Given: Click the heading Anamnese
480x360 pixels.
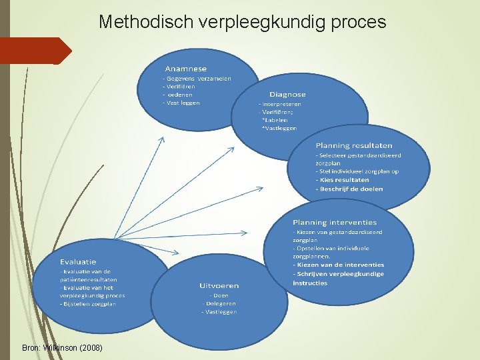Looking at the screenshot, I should tap(186, 69).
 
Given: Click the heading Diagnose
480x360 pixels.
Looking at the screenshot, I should tap(287, 95).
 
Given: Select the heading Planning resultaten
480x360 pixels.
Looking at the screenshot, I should tap(354, 145).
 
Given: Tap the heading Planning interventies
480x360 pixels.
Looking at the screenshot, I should tap(335, 223).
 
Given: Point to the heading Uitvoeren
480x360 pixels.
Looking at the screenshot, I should tap(219, 286).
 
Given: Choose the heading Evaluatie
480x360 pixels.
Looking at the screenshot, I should tap(78, 262).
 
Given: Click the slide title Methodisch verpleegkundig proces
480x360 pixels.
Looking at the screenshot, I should tap(242, 22).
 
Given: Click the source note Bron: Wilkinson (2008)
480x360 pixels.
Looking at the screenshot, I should tap(62, 348).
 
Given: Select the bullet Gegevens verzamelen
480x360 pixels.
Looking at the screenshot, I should tap(199, 79).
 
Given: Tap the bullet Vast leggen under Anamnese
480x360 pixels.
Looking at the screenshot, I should tap(183, 103).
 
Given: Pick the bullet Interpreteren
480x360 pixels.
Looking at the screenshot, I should tap(281, 104).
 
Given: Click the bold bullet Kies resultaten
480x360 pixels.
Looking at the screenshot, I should tap(343, 180).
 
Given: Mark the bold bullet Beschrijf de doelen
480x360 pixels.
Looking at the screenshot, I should tap(351, 189).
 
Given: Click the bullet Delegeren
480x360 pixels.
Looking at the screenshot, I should tap(219, 303).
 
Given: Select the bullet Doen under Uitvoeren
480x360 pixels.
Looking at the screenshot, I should tap(219, 295).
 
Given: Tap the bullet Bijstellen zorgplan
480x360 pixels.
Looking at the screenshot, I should tap(89, 304).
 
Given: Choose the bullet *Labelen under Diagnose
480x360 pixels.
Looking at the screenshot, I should tap(275, 120).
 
